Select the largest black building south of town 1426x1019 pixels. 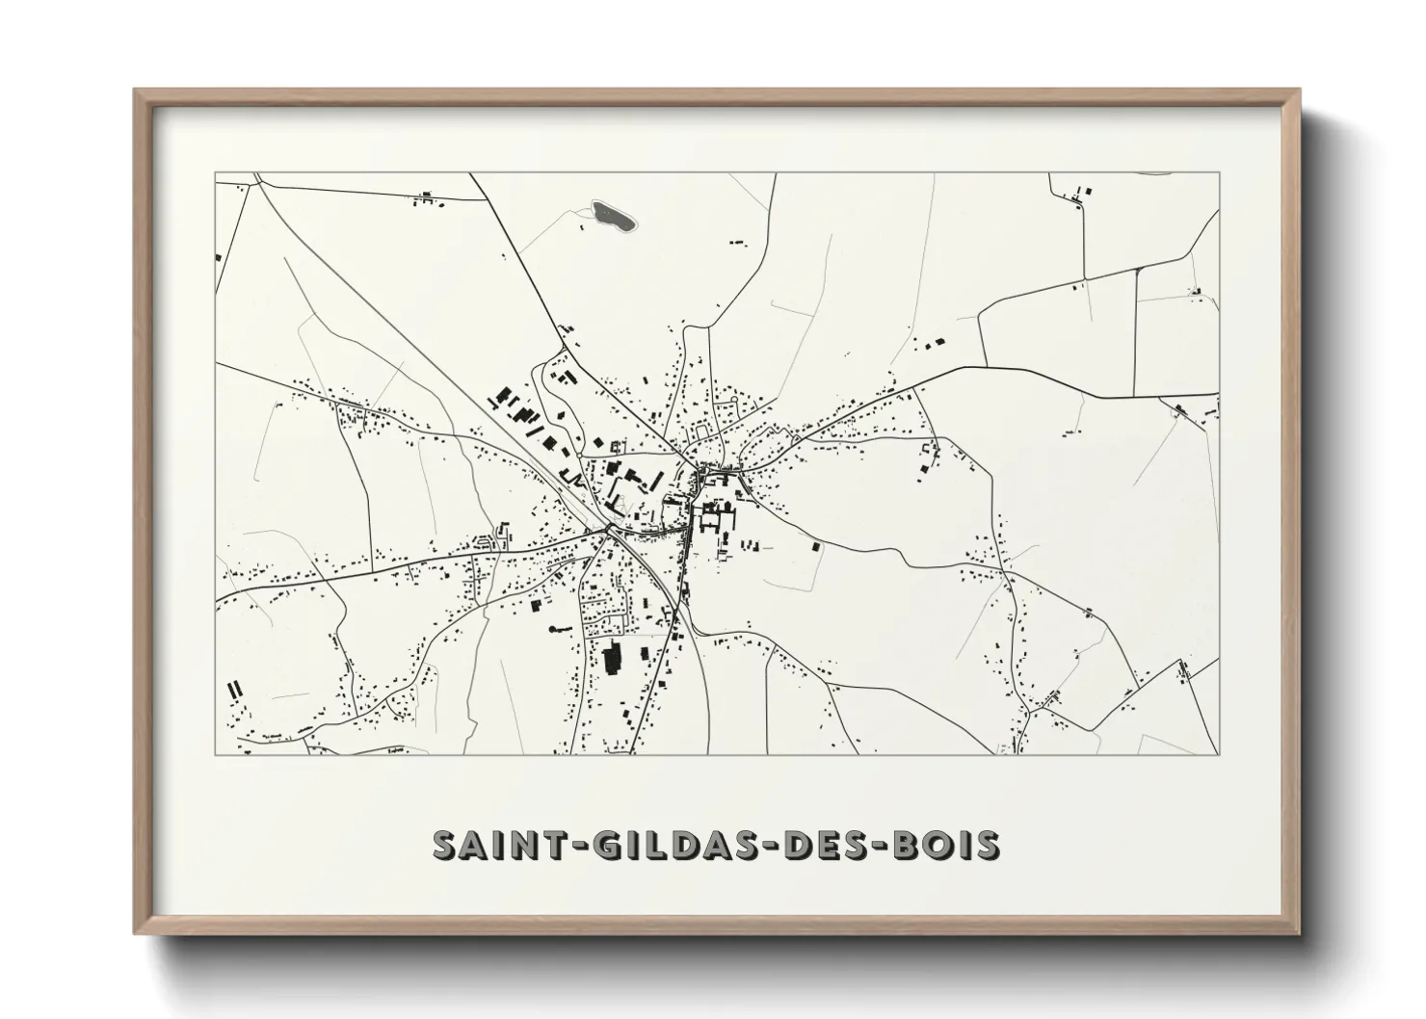tap(611, 662)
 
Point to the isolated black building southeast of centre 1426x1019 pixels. tap(818, 546)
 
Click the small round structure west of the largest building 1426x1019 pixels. tap(553, 629)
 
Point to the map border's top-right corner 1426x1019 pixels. tap(1219, 173)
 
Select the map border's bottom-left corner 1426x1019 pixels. tap(215, 754)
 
